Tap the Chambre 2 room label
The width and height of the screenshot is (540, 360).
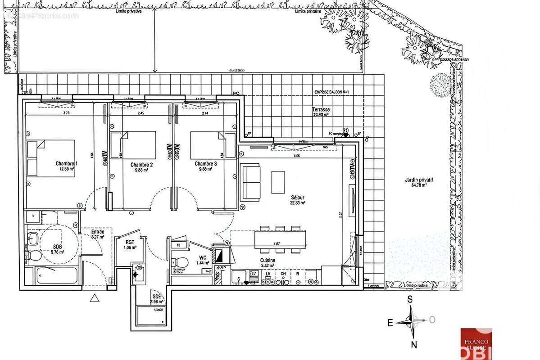pos(141,165)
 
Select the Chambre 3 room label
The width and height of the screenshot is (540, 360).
pos(206,164)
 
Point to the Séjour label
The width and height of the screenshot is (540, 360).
pos(298,197)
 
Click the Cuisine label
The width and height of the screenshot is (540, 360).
pos(268,261)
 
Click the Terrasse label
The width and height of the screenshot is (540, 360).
pos(321,110)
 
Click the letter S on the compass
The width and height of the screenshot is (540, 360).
pos(410,298)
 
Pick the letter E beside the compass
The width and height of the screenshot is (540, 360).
pos(390,322)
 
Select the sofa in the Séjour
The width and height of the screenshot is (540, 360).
pos(251,182)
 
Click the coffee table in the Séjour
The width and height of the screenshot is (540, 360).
pos(277,182)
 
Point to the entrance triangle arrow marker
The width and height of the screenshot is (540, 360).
pos(95,297)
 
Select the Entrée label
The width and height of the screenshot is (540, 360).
pos(98,232)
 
